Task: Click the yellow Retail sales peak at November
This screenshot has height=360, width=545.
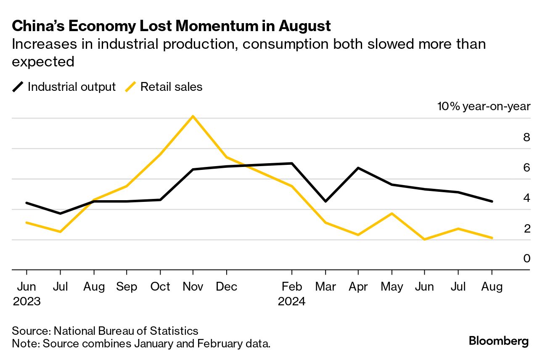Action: click(193, 116)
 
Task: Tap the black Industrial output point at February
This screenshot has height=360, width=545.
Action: click(292, 163)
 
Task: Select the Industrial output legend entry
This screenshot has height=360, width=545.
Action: click(64, 87)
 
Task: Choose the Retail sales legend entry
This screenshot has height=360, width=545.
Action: click(165, 87)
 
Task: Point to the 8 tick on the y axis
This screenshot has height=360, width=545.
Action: click(526, 138)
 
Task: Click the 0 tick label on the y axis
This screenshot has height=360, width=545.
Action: click(526, 258)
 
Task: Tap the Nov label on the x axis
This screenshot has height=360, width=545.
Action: click(193, 287)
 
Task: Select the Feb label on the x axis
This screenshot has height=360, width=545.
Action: click(292, 287)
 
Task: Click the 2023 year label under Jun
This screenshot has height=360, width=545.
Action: click(26, 302)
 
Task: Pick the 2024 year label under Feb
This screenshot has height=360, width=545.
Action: click(292, 302)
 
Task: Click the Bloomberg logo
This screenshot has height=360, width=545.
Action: click(499, 341)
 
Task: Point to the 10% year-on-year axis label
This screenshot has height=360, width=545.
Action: click(484, 106)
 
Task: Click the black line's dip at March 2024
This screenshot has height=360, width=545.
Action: click(325, 201)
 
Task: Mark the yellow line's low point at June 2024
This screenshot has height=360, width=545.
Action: click(424, 239)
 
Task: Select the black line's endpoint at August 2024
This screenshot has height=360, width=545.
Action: click(492, 201)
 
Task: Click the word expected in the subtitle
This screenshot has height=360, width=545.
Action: click(43, 62)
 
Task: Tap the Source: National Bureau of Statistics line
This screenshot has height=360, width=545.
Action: click(105, 331)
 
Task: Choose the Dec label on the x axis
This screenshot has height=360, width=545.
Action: click(226, 287)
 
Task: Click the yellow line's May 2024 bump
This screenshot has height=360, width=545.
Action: click(392, 214)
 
